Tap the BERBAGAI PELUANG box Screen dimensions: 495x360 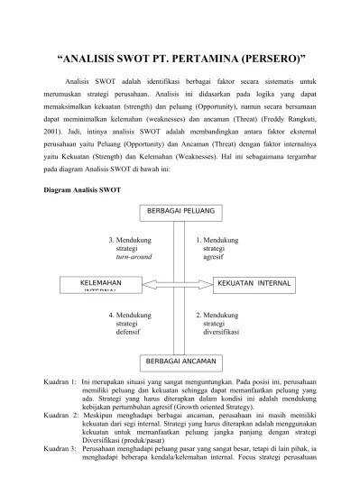tap(180, 212)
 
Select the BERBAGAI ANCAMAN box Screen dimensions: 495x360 tap(180, 361)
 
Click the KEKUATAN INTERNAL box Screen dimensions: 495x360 tap(254, 284)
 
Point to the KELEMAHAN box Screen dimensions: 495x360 tap(101, 285)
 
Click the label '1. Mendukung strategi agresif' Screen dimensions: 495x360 tap(216, 249)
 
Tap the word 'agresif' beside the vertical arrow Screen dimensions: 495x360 tap(215, 257)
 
